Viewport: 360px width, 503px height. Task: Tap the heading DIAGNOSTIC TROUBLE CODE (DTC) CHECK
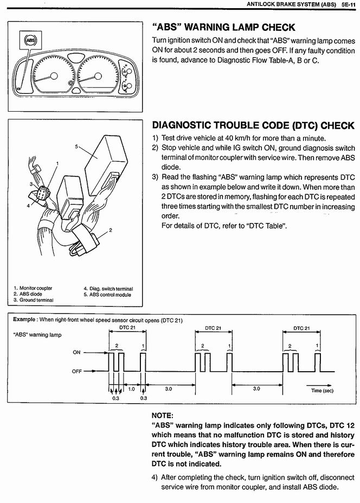pyautogui.click(x=253, y=125)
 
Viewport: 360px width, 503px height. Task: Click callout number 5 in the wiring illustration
pyautogui.click(x=77, y=147)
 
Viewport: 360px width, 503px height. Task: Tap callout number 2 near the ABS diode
pyautogui.click(x=111, y=230)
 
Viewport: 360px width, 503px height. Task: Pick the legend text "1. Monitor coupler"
pyautogui.click(x=33, y=288)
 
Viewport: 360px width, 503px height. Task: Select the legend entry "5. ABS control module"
pyautogui.click(x=107, y=295)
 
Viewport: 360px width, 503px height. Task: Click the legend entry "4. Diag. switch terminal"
pyautogui.click(x=108, y=289)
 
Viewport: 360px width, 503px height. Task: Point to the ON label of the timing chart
pyautogui.click(x=76, y=352)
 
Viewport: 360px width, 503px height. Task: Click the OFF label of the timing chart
pyautogui.click(x=76, y=372)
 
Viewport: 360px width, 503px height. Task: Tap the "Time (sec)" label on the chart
pyautogui.click(x=322, y=390)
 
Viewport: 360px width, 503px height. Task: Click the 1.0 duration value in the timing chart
pyautogui.click(x=131, y=389)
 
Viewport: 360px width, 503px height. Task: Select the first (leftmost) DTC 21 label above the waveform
pyautogui.click(x=127, y=328)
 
